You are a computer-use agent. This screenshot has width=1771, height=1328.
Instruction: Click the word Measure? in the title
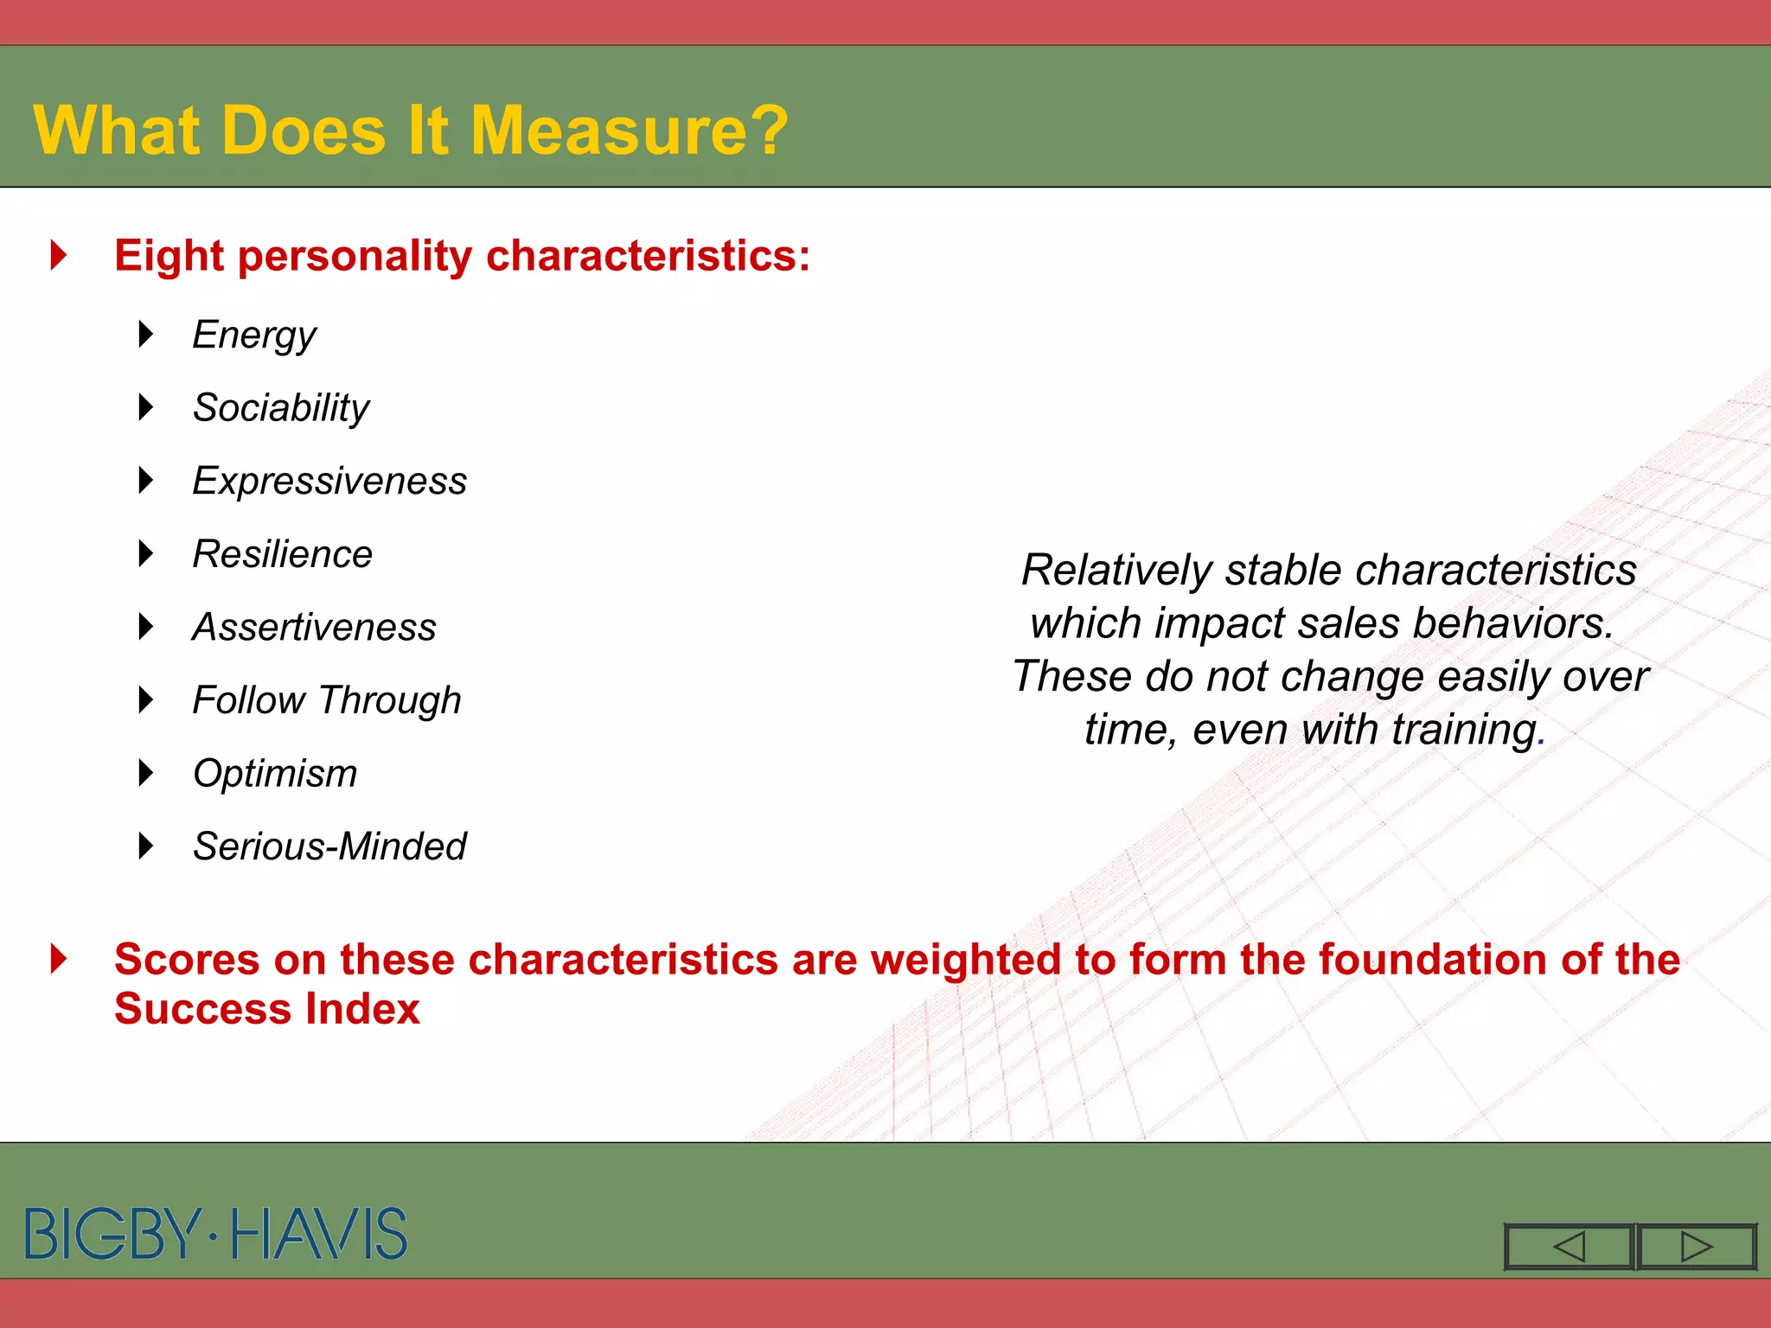click(x=629, y=131)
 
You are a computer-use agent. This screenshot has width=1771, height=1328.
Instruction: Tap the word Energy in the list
click(x=254, y=335)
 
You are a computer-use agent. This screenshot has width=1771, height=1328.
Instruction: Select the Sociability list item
click(x=281, y=407)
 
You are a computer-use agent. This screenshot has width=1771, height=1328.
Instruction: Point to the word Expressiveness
click(x=329, y=481)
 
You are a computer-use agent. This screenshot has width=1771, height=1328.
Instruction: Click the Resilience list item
click(x=282, y=554)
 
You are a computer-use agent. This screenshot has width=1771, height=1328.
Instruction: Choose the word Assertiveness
click(x=314, y=627)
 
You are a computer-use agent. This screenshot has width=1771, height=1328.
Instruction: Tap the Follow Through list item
click(x=327, y=700)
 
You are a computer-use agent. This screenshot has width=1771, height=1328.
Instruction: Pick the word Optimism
click(x=275, y=773)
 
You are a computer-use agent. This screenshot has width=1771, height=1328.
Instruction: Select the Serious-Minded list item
click(x=329, y=846)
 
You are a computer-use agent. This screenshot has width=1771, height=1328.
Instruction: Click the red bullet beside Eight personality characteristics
click(x=59, y=255)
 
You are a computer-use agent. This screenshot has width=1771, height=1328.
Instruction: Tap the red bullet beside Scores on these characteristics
click(x=59, y=959)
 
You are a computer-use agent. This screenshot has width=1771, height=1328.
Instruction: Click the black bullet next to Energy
click(x=146, y=334)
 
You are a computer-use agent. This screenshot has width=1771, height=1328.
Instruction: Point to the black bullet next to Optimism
click(x=146, y=773)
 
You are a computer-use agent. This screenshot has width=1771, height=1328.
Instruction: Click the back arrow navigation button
click(x=1569, y=1247)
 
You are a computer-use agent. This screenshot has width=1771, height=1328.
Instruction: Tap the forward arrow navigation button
click(x=1696, y=1247)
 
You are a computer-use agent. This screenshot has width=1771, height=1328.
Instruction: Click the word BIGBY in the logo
click(x=113, y=1234)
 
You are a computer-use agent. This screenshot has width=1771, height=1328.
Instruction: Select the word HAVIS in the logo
click(x=319, y=1234)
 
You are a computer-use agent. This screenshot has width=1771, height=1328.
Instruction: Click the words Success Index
click(x=267, y=1009)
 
